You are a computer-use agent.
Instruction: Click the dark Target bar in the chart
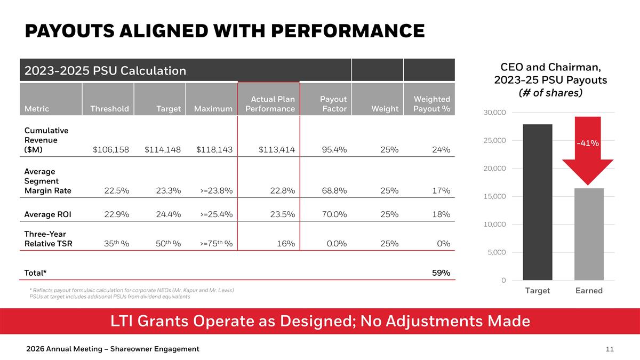coord(537,203)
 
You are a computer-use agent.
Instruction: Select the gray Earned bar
coord(589,235)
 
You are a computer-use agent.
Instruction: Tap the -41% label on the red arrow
coord(587,143)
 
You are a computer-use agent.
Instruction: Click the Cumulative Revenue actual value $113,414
coord(276,150)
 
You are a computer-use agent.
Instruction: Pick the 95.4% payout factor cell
coord(334,150)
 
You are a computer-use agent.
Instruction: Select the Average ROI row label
coord(47,215)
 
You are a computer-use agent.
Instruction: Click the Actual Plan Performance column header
coord(270,104)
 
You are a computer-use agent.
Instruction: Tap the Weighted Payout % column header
coord(431,104)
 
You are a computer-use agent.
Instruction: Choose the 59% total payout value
coord(441,273)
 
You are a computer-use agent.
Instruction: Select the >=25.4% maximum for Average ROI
coord(216,215)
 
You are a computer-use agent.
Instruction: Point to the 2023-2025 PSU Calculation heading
coord(105,70)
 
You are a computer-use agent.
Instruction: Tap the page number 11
coord(610,349)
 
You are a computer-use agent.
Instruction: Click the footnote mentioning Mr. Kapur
coord(131,290)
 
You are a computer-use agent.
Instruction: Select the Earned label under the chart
coord(589,291)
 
